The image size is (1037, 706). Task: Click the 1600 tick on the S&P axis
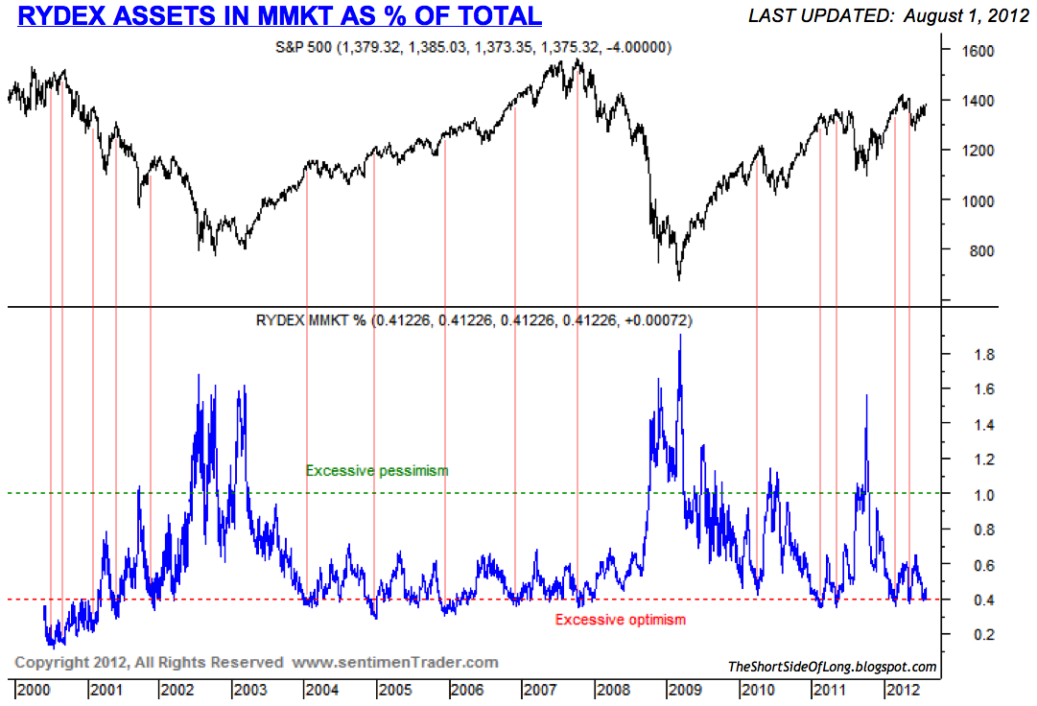point(977,51)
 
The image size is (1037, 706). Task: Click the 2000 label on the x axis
point(33,690)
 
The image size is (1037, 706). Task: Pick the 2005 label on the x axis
point(394,690)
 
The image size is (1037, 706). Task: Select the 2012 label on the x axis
point(904,690)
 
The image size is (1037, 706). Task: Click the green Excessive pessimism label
point(377,471)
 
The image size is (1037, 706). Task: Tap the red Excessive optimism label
point(621,620)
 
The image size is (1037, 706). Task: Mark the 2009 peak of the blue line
point(680,335)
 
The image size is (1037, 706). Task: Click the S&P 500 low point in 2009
point(678,280)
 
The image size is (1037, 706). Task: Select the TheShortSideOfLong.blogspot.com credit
point(832,667)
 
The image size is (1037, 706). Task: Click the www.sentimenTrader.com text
point(395,662)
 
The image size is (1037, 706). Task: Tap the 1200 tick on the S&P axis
point(977,151)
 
